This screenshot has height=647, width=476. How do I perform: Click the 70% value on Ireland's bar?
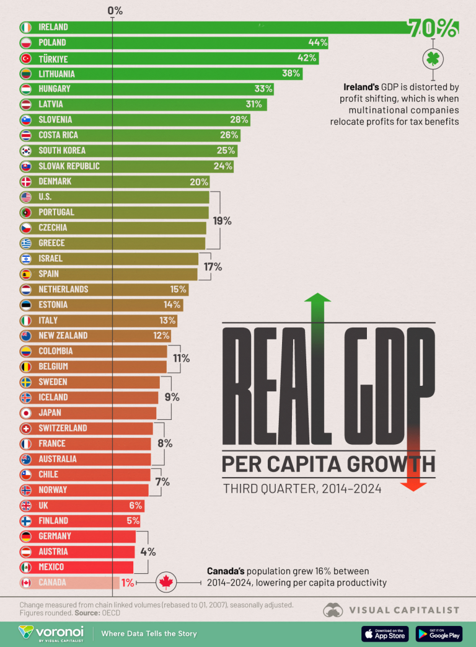433,28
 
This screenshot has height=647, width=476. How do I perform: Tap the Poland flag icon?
25,43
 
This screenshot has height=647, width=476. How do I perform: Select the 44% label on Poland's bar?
317,43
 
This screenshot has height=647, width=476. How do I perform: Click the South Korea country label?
62,151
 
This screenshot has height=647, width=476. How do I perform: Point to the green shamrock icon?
432,60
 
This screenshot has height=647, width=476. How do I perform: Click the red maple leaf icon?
165,582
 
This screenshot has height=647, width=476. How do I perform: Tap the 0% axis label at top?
115,11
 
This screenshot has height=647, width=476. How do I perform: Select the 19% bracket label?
223,220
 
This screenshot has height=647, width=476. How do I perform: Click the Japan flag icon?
25,413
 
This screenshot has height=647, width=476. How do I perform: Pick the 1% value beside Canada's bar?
128,582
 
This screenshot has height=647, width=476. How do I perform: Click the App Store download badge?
385,633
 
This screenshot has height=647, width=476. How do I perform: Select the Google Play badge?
439,633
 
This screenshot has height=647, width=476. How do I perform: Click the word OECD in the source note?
110,612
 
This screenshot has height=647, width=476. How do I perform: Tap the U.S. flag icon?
25,197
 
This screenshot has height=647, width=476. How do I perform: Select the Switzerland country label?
63,428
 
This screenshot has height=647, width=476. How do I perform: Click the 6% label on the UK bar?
135,506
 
